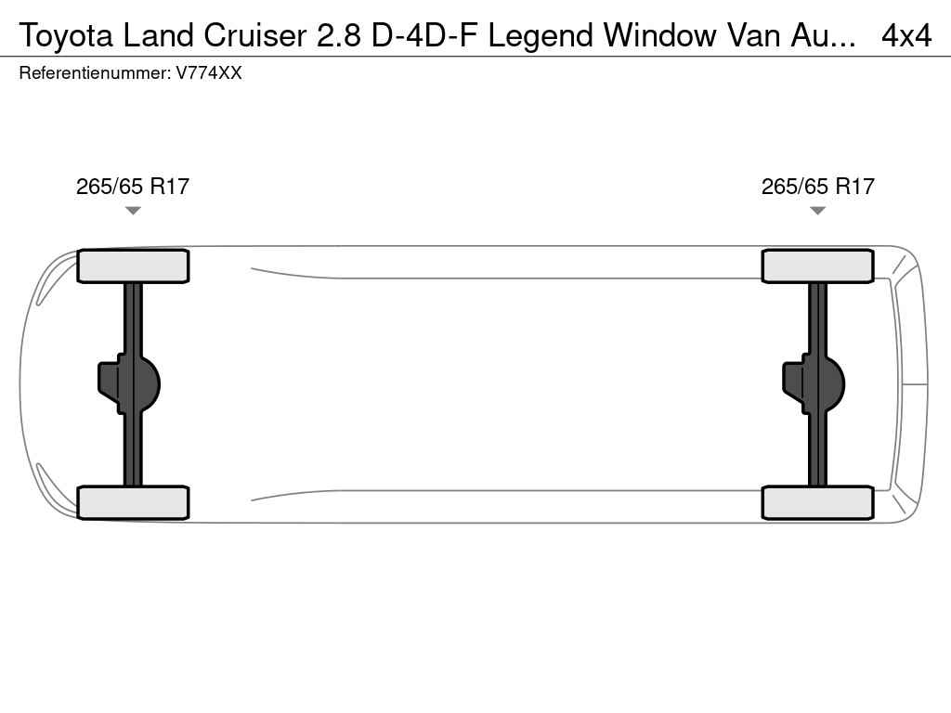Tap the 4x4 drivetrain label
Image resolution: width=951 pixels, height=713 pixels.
(x=906, y=35)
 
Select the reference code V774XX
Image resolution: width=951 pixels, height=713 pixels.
(x=209, y=73)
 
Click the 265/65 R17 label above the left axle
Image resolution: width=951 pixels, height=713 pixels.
(x=133, y=187)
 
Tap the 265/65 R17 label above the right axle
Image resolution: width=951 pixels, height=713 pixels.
(x=818, y=187)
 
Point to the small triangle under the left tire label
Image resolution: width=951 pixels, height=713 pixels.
(x=133, y=211)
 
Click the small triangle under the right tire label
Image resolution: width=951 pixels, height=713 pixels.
(x=818, y=211)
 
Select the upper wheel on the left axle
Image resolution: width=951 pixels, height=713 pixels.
(x=133, y=266)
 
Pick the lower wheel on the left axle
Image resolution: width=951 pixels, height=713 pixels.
(x=133, y=502)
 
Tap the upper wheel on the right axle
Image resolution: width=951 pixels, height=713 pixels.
(x=818, y=266)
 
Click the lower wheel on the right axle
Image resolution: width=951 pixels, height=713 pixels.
(x=818, y=502)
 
